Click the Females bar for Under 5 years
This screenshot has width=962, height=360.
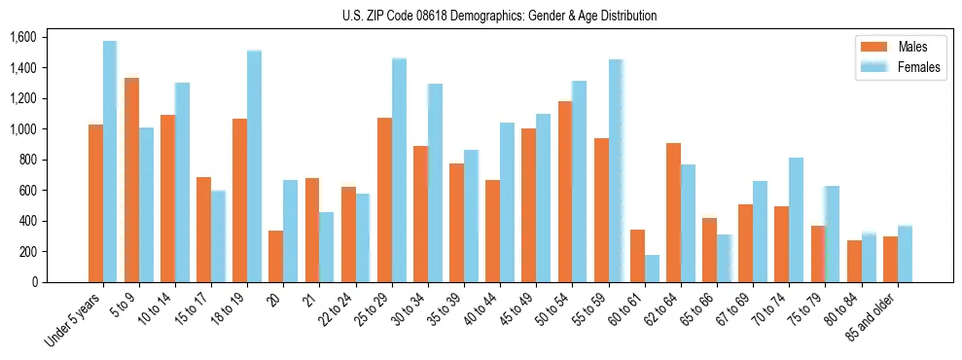110,162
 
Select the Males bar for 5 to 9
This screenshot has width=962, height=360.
131,180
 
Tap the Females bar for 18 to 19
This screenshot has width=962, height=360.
254,166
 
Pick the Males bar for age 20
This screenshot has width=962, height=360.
276,256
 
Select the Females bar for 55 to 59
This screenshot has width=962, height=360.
616,171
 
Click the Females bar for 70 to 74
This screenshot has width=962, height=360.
797,220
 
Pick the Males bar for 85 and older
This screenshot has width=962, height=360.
890,259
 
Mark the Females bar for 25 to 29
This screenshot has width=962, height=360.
399,170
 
